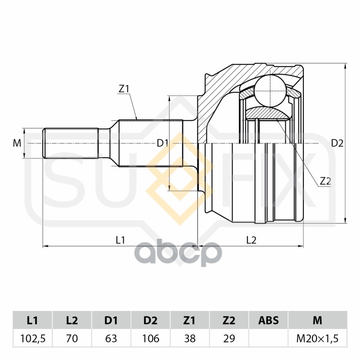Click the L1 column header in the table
point(32,320)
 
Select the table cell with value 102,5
point(32,338)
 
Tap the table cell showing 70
point(72,338)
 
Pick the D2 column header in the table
point(150,320)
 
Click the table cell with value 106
point(150,338)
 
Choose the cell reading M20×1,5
point(317,338)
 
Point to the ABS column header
point(268,320)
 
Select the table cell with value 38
point(189,338)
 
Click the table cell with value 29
point(229,338)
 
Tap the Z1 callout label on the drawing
point(124,89)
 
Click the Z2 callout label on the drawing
point(325,181)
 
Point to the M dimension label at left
point(17,144)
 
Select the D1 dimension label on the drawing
point(162,144)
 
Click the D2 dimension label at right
point(337,144)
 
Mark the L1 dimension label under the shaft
point(120,240)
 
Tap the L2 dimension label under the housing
point(251,240)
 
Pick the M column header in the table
point(317,320)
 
